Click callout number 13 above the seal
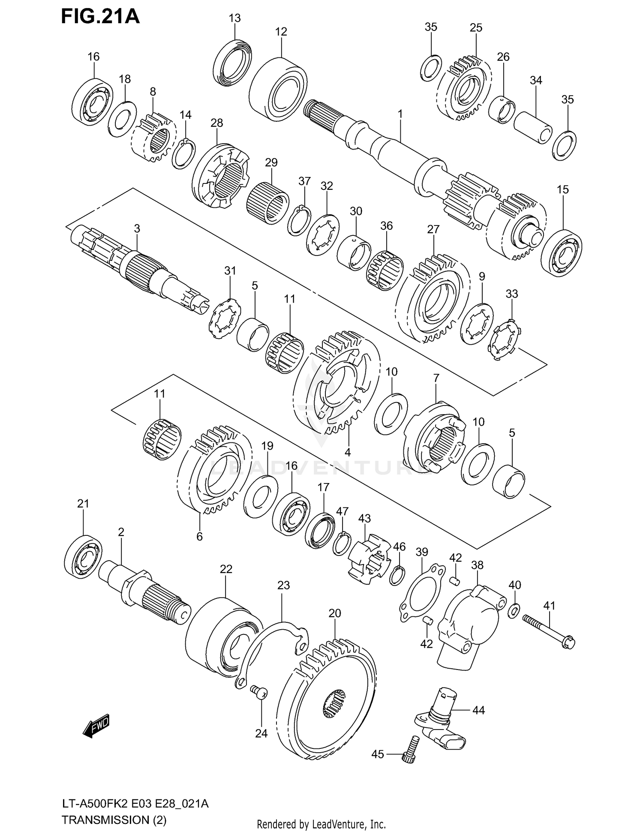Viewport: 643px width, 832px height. tap(234, 18)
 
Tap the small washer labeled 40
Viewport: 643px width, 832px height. tap(514, 611)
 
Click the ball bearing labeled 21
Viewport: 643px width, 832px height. tap(84, 558)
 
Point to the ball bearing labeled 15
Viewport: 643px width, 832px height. tap(562, 253)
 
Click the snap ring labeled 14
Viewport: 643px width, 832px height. tap(183, 153)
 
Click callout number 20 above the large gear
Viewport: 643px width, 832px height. tap(335, 613)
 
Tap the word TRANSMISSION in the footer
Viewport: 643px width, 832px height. tap(105, 820)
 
